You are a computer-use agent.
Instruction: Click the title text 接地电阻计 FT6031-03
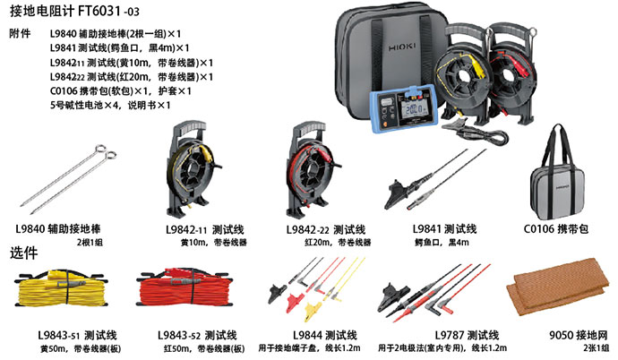[74, 11]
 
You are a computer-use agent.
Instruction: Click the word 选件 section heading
[23, 253]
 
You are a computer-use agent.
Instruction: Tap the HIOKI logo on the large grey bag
[402, 47]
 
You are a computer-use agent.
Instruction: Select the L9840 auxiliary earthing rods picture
[69, 179]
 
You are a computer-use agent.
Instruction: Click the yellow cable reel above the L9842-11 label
[192, 169]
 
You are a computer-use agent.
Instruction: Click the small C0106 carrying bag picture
[557, 173]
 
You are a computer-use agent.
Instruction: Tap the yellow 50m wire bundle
[60, 288]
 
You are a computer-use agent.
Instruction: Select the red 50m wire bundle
[185, 287]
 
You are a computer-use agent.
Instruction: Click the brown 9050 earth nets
[558, 286]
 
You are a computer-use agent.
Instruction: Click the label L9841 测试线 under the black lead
[444, 229]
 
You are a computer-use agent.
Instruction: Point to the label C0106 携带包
[555, 229]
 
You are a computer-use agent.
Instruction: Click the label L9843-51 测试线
[77, 335]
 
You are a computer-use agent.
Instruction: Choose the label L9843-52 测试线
[197, 335]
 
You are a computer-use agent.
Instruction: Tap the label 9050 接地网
[579, 335]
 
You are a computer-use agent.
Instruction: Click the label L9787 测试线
[467, 335]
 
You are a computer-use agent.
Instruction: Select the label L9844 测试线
[325, 335]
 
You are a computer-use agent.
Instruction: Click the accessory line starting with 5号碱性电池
[110, 105]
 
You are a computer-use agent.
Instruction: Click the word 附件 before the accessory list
[20, 33]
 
